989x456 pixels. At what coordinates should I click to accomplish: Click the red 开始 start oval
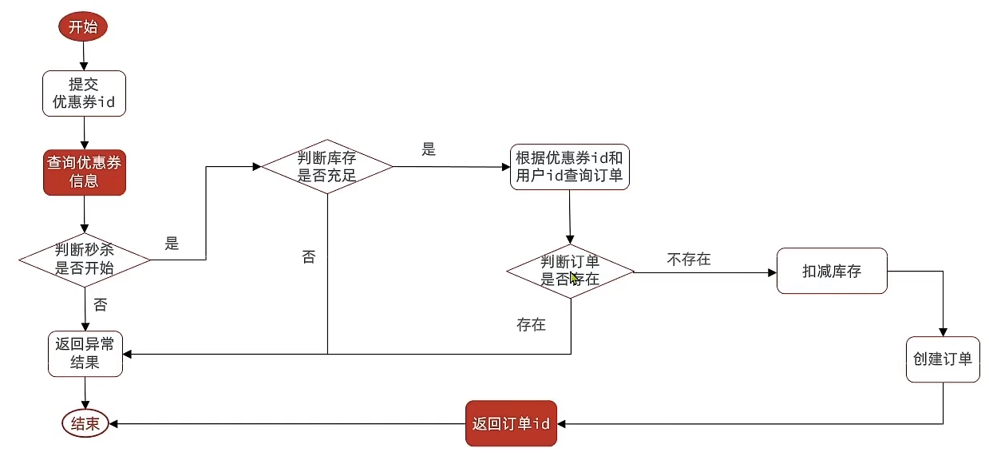click(x=82, y=26)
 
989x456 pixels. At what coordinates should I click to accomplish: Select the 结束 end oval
click(x=85, y=423)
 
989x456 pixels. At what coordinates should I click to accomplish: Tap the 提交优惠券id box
click(x=84, y=93)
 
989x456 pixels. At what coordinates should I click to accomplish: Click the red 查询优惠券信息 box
click(x=85, y=172)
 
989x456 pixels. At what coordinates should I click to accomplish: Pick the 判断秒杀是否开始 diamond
click(x=85, y=259)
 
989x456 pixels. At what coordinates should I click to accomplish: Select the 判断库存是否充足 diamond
click(x=327, y=166)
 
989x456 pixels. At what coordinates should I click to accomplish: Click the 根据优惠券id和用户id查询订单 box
click(x=569, y=167)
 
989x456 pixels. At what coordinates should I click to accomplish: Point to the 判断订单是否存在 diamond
click(x=570, y=271)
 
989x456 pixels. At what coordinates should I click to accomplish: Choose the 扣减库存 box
click(x=832, y=272)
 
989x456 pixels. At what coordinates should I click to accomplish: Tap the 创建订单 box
click(x=943, y=359)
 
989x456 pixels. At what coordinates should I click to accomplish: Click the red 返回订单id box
click(x=511, y=423)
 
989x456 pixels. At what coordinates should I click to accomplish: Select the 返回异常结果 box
click(x=85, y=354)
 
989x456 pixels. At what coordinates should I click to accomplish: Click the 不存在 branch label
click(x=689, y=260)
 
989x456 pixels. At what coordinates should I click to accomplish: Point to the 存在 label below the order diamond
click(x=531, y=325)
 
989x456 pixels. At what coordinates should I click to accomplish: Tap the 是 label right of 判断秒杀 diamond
click(x=172, y=244)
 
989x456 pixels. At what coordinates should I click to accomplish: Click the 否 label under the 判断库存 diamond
click(x=308, y=257)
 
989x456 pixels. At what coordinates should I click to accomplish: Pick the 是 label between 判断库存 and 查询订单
click(x=429, y=149)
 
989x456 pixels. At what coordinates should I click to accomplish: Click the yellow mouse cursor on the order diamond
click(x=575, y=278)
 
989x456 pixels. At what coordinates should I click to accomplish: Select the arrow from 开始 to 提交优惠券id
click(x=83, y=56)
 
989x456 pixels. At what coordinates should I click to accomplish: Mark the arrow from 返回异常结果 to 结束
click(x=84, y=393)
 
